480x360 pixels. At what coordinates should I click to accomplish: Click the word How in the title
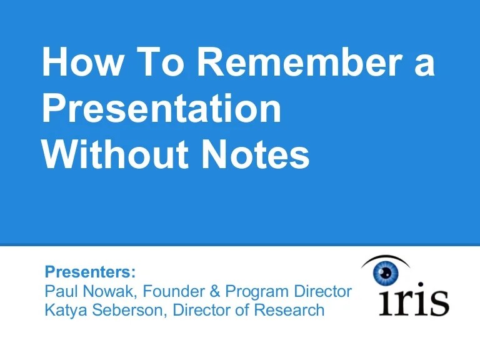[x=79, y=63]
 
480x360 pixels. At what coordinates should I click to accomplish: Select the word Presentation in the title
[x=161, y=109]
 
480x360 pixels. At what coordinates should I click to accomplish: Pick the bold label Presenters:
[x=90, y=272]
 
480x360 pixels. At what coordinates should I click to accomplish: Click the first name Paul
[x=60, y=291]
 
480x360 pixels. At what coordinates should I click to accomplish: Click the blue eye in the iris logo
[x=385, y=273]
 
